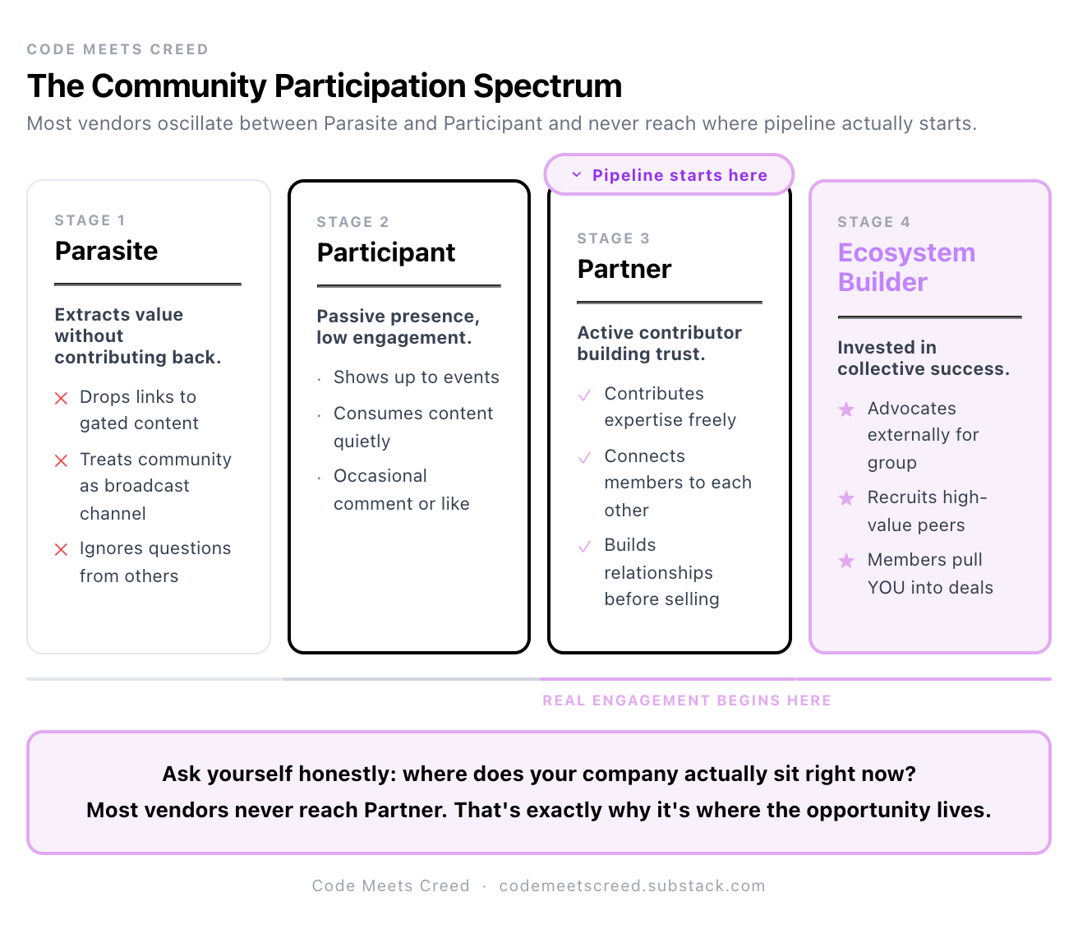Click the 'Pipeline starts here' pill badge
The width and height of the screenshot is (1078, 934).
coord(669,175)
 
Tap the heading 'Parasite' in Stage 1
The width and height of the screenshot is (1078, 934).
coord(106,251)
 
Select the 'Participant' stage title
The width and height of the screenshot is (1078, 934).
coord(385,252)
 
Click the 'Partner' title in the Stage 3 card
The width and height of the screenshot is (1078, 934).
coord(624,269)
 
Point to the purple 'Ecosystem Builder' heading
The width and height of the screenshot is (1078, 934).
coord(905,267)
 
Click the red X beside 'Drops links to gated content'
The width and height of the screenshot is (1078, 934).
coord(61,399)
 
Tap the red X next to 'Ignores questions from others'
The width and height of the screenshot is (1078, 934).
coord(61,550)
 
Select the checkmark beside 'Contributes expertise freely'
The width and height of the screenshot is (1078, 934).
coord(584,395)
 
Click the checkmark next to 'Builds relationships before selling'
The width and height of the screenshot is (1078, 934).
coord(584,547)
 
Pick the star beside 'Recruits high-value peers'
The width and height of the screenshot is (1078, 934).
coord(845,498)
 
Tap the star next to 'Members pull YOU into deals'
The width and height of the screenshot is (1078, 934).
coord(845,561)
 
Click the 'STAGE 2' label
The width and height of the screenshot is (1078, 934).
coord(352,222)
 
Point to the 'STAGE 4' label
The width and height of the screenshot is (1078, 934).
coord(873,222)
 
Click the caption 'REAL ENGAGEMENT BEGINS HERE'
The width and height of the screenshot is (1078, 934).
coord(687,700)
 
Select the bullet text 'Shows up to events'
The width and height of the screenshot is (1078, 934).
coord(416,377)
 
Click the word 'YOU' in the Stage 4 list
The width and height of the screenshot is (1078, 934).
coord(886,588)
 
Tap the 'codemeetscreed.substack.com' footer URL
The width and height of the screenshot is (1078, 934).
coord(632,885)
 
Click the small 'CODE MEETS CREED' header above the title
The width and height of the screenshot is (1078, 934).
coord(117,49)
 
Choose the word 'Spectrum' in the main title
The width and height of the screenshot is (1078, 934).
coord(547,86)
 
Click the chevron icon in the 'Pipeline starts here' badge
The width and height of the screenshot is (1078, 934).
coord(577,175)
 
